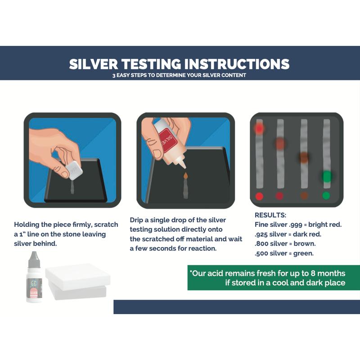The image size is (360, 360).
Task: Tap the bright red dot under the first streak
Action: pyautogui.click(x=259, y=196)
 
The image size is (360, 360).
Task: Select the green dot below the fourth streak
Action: pyautogui.click(x=326, y=196)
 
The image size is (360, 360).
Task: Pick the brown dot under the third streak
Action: pyautogui.click(x=304, y=196)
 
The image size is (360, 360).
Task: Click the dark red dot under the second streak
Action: pyautogui.click(x=280, y=196)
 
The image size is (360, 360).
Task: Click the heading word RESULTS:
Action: pyautogui.click(x=270, y=215)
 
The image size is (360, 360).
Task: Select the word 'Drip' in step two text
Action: pyautogui.click(x=138, y=220)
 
